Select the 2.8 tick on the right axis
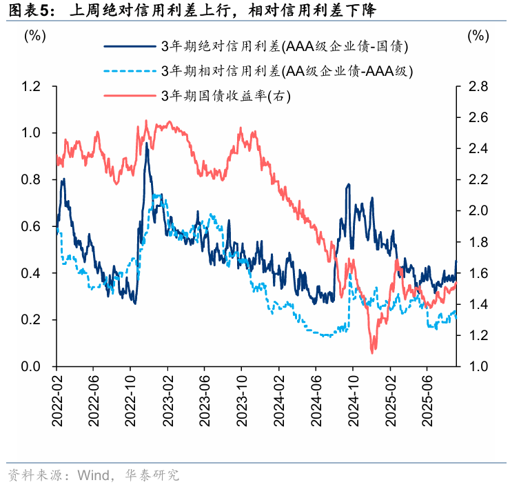point(479,86)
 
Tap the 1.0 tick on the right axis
point(479,367)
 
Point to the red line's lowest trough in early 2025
point(373,352)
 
